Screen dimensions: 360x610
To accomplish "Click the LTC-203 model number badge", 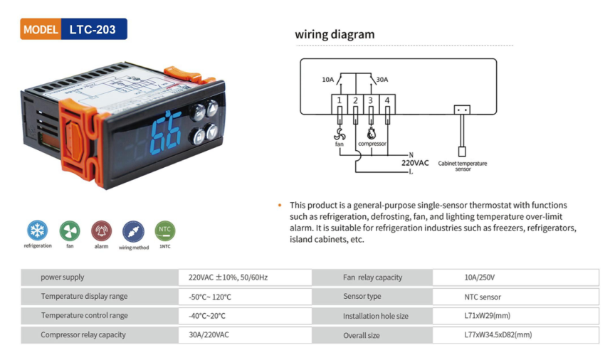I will [x=93, y=29].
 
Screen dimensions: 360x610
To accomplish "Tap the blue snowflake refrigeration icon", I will [x=37, y=231].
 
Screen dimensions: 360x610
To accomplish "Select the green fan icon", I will [x=70, y=231].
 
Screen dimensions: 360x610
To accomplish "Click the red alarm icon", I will [x=101, y=231].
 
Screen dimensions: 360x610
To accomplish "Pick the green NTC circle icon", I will [x=164, y=231].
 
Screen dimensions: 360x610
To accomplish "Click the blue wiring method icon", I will [x=133, y=231].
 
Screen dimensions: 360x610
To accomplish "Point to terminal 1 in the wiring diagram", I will [x=339, y=101].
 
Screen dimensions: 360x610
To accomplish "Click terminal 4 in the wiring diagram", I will [x=387, y=101].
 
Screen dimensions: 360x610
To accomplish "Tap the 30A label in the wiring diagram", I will [x=382, y=80].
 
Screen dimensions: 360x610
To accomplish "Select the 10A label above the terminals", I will [x=327, y=80].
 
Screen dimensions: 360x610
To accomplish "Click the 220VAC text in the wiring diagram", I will [x=415, y=163].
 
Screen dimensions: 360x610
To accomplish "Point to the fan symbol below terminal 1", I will [x=339, y=133].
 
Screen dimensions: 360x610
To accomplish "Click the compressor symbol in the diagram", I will [x=371, y=133].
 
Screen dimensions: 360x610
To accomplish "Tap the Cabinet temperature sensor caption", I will [x=462, y=166].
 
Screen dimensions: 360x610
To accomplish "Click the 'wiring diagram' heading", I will [x=335, y=34].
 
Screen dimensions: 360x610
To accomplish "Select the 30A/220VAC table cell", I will [x=209, y=334].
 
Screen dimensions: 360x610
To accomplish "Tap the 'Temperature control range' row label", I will [x=85, y=315].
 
